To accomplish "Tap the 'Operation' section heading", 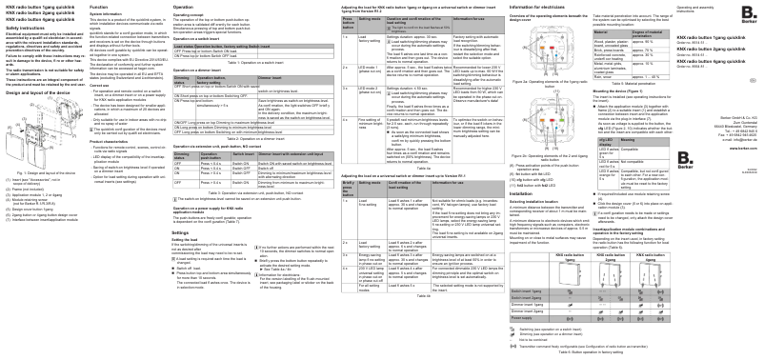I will pyautogui.click(x=157, y=6).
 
